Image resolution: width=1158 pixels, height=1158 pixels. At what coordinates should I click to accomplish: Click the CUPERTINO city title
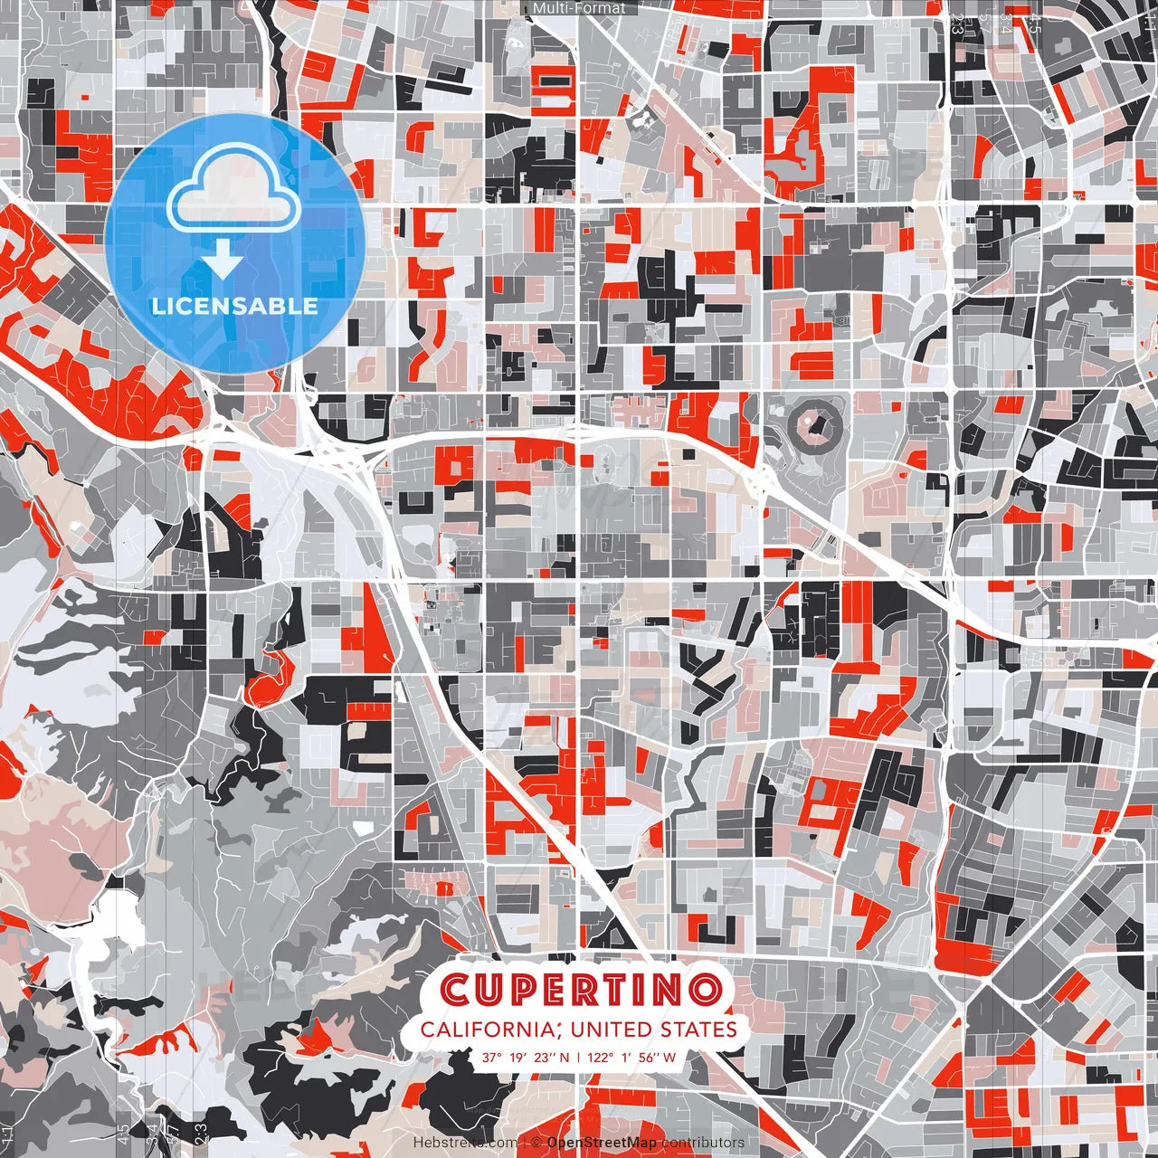click(x=580, y=989)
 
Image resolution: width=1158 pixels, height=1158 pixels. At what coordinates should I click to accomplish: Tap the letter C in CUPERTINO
click(x=456, y=989)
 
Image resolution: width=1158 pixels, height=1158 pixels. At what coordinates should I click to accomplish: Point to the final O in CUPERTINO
click(x=704, y=989)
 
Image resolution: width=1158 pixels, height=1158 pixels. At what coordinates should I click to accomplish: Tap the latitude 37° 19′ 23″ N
click(x=526, y=1058)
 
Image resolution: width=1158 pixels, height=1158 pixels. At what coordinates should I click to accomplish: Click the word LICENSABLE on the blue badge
click(x=235, y=306)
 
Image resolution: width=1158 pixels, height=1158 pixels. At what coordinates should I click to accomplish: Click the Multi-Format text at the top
click(x=579, y=8)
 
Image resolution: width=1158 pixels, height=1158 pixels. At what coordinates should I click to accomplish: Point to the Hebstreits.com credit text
click(x=465, y=1143)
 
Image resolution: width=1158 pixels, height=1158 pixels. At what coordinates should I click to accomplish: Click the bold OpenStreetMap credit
click(x=602, y=1143)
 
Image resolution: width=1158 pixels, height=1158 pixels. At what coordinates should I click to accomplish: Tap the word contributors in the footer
click(x=703, y=1143)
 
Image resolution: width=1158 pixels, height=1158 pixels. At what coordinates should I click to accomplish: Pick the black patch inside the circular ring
click(x=814, y=423)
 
